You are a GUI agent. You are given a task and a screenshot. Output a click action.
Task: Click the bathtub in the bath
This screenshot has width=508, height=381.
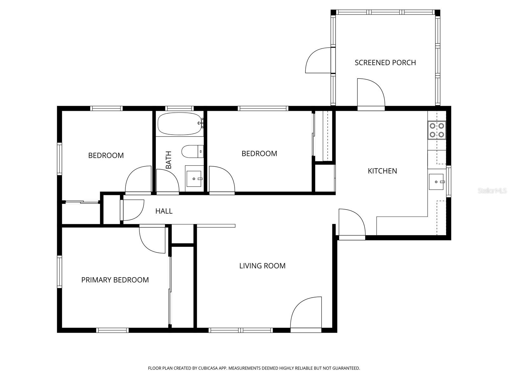tap(180, 124)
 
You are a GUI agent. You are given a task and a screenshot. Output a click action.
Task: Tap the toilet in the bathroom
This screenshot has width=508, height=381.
tap(192, 151)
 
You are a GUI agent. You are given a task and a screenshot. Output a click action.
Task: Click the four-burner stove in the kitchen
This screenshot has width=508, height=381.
tap(437, 130)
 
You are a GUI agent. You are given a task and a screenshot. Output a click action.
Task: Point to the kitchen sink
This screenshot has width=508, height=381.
tap(436, 182)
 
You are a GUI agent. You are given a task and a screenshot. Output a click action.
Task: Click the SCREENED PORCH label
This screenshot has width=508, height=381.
tap(385, 63)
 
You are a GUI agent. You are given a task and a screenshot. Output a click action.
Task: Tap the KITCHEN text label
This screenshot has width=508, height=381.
tap(382, 171)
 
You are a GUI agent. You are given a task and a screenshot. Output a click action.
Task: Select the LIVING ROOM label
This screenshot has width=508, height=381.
tap(262, 266)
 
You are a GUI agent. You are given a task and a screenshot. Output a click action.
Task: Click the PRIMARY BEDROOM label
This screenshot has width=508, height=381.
tap(115, 280)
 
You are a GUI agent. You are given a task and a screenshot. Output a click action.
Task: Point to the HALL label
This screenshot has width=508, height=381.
tap(164, 211)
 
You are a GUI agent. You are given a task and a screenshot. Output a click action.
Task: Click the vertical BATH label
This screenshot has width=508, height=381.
tap(169, 160)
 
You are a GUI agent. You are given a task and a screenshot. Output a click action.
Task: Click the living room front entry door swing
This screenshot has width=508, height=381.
tap(306, 313)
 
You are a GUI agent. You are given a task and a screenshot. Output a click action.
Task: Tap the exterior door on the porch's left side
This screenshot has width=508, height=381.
tap(318, 60)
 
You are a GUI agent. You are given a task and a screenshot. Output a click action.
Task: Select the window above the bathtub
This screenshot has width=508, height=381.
tap(179, 108)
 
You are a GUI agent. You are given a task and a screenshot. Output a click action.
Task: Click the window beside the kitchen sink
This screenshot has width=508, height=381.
tap(448, 181)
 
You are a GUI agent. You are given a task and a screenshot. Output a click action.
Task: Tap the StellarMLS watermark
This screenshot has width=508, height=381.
tap(492, 191)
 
